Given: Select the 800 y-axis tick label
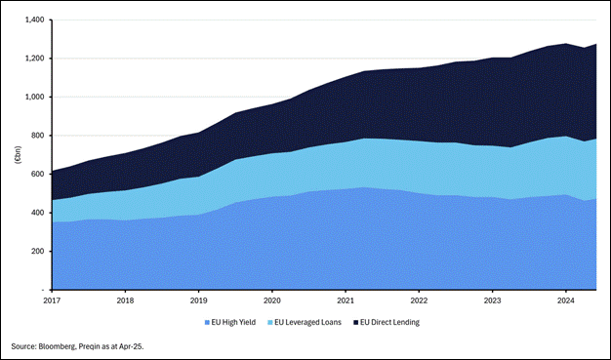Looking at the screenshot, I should [x=38, y=136].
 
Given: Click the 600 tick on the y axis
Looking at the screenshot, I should [x=38, y=174].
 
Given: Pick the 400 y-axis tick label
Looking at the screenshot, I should [x=38, y=213].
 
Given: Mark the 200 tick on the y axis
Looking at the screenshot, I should [x=38, y=251].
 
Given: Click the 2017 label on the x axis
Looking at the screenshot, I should [x=53, y=300].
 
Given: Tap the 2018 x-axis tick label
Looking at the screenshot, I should [x=126, y=300].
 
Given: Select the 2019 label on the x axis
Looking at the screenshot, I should [x=199, y=300].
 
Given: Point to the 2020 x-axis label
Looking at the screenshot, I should [x=272, y=300].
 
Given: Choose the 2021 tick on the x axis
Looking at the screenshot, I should [x=346, y=300].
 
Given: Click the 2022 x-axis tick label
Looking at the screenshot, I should [x=418, y=300].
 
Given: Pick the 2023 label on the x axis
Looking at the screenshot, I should [x=491, y=300].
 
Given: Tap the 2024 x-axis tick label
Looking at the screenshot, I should [x=564, y=300].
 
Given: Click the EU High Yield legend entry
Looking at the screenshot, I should [x=230, y=322].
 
